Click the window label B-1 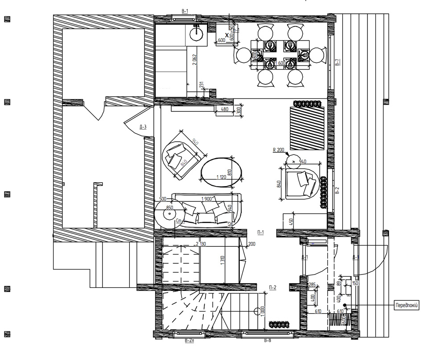pos(185,9)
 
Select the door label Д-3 pos(143,127)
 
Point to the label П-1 pos(261,232)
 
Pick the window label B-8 pos(267,341)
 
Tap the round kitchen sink pos(196,34)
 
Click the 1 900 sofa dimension pos(207,198)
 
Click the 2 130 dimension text pos(200,244)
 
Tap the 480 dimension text pos(224,109)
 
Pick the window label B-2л pos(189,341)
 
